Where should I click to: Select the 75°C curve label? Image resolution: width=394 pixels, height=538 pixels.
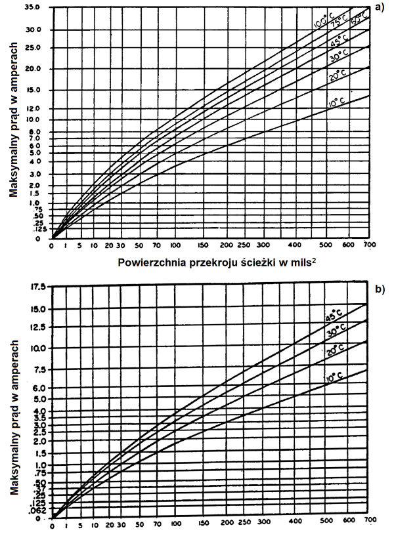[x=339, y=22]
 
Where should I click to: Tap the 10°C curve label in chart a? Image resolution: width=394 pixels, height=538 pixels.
[x=336, y=103]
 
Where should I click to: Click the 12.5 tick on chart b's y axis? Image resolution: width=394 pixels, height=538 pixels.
[x=37, y=325]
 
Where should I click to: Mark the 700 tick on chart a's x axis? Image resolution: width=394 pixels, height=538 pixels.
[x=369, y=246]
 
